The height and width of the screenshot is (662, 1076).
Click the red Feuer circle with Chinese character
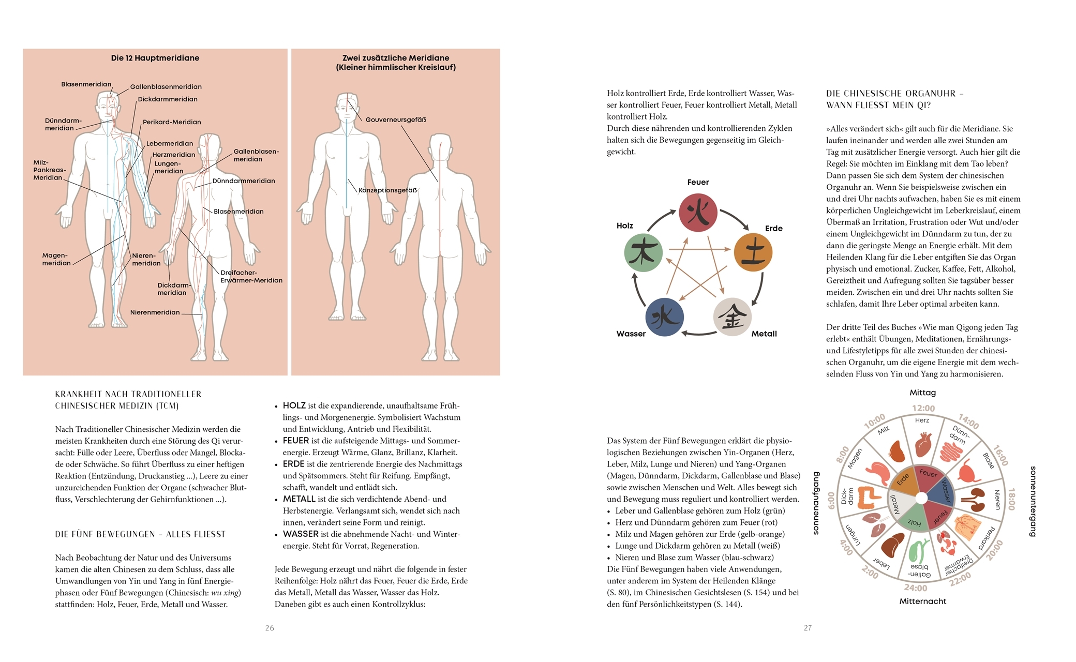coord(698,213)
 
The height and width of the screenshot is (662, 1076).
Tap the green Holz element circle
coord(643,252)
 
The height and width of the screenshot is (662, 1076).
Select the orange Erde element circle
coord(753,252)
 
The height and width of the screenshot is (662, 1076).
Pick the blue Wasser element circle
coord(665,317)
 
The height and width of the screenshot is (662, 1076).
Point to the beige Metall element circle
coord(732,317)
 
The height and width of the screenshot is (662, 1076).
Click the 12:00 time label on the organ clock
coord(923,409)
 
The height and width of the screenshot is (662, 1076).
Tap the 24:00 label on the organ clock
coord(916,588)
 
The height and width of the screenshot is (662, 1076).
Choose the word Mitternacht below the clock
coord(922,601)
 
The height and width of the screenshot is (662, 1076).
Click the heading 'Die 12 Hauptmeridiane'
coord(155,58)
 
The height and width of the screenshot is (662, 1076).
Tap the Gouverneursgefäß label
coord(396,119)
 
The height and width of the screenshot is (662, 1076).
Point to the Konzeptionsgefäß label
coord(387,190)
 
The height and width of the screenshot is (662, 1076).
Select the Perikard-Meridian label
coord(172,122)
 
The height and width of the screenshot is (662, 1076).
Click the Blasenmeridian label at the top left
coord(86,84)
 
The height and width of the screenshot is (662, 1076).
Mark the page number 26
coord(270,628)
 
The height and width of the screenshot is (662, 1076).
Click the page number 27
coord(808,628)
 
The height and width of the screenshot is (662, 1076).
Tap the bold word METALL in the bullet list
coord(299,499)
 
